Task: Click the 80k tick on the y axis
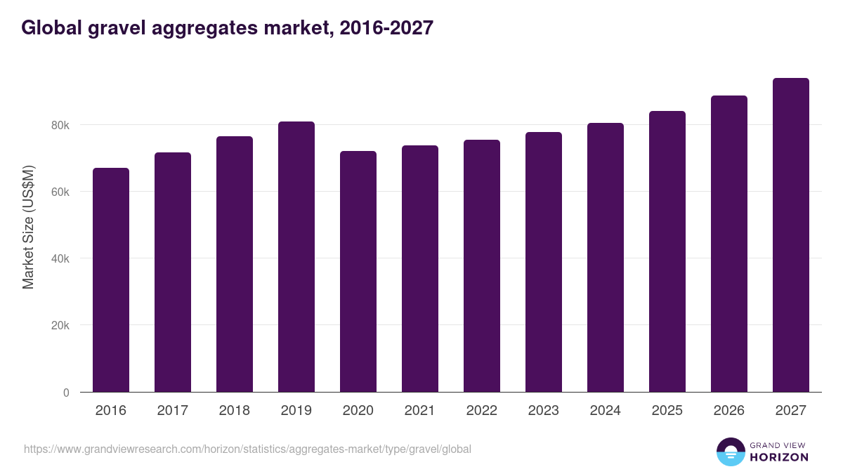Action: point(60,125)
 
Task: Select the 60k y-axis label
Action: point(60,192)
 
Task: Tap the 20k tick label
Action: point(60,326)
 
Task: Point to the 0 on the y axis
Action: point(66,393)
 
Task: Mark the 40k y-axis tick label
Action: point(60,258)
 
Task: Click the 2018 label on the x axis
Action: point(235,411)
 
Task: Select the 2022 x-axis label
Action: point(482,411)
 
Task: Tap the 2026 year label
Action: point(728,411)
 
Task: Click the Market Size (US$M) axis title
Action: point(28,228)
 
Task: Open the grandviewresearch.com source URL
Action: point(247,449)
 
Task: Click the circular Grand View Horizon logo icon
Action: point(730,452)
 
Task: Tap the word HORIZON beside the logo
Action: point(779,457)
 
